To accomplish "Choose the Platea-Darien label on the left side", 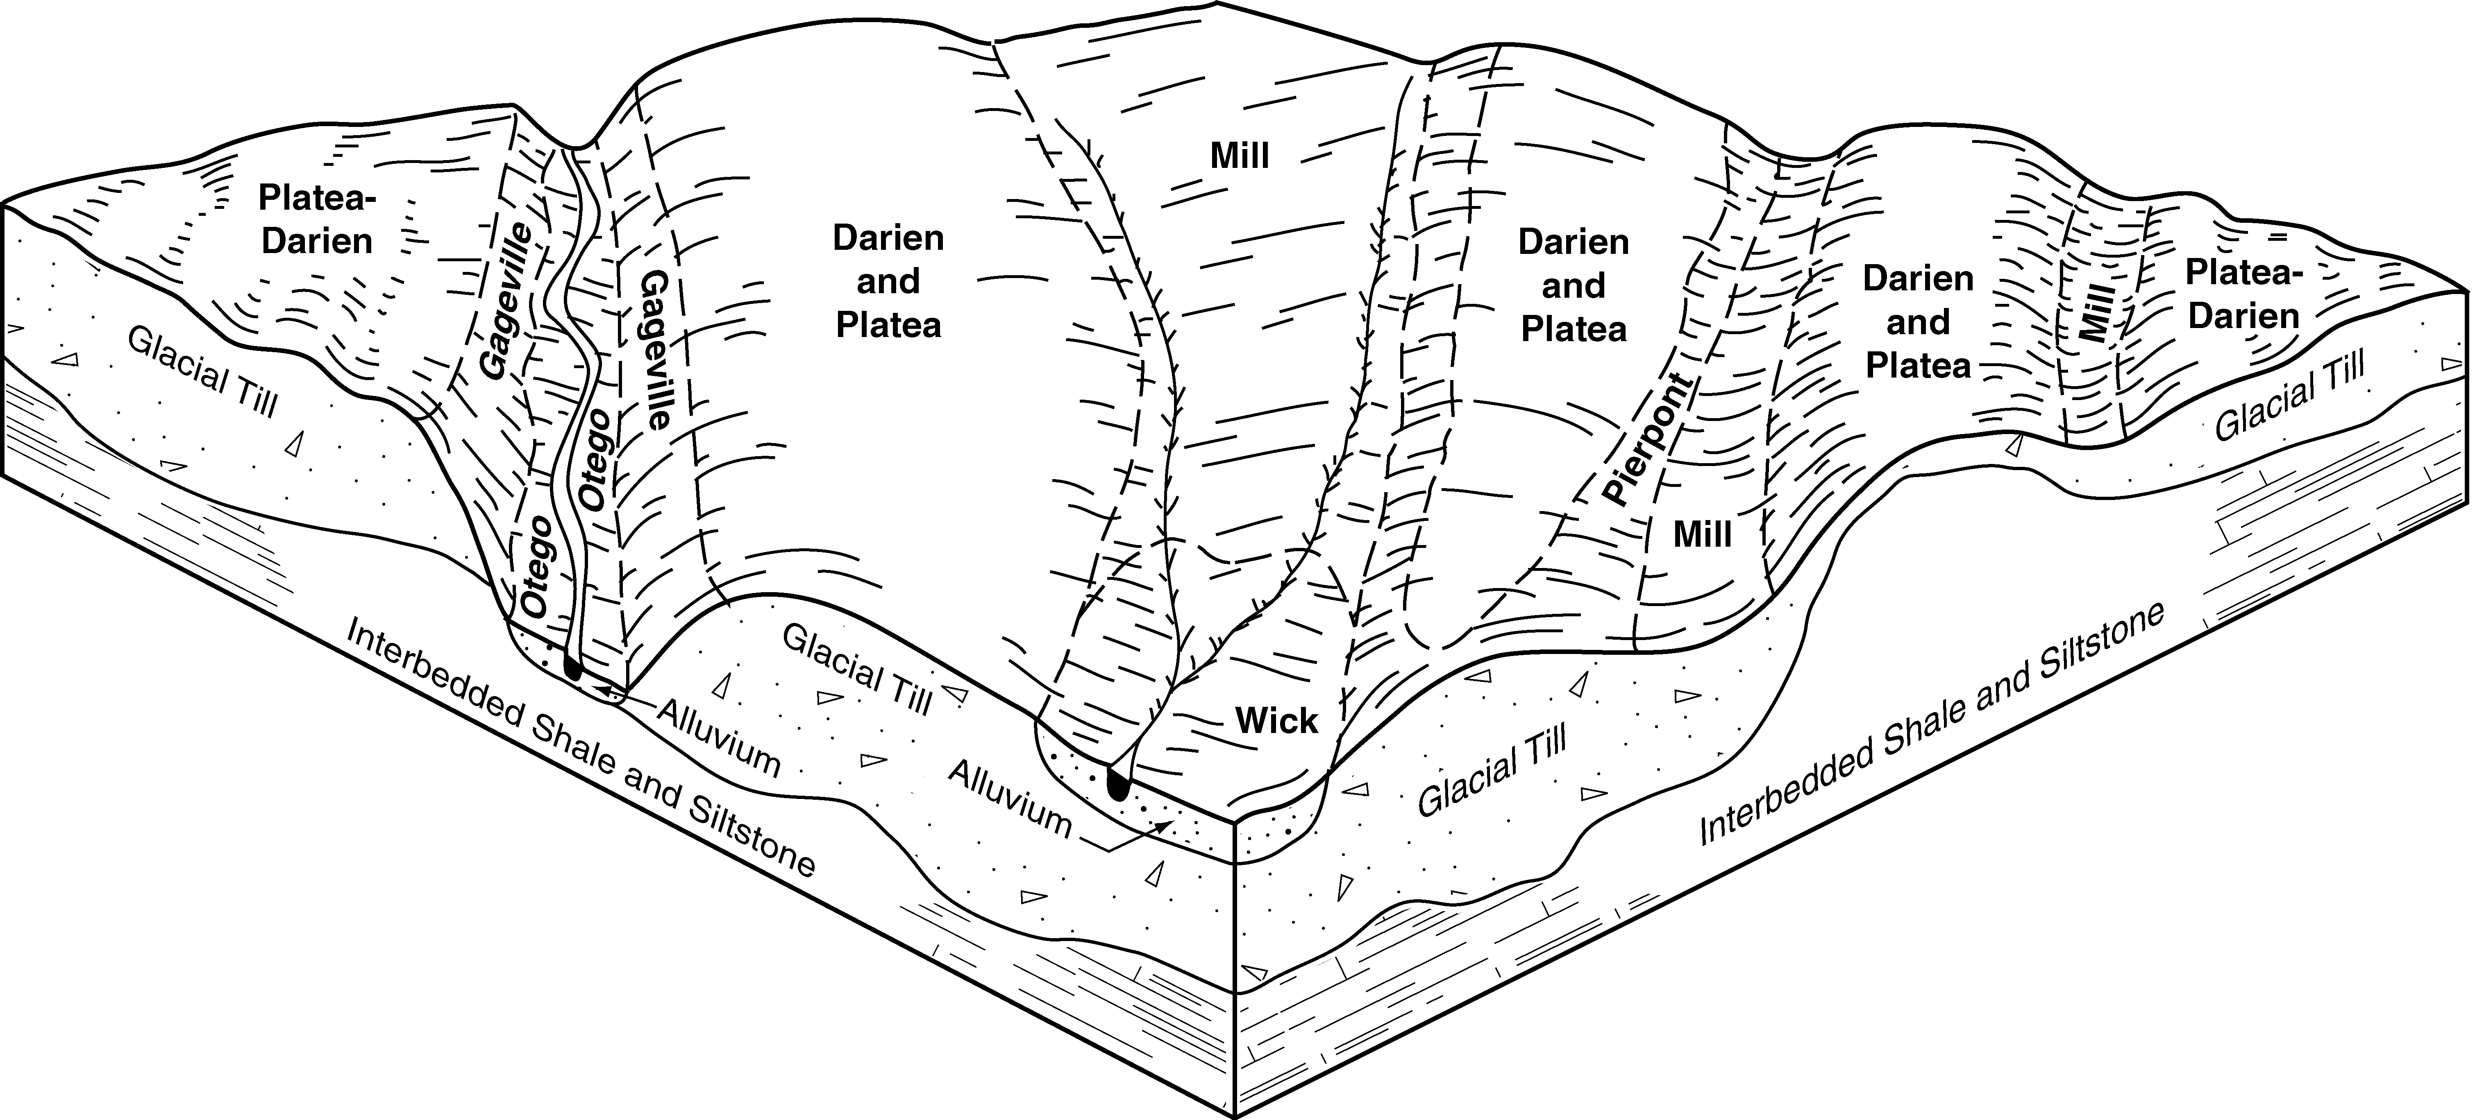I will pos(316,219).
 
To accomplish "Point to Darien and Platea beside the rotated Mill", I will pos(1918,322).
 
